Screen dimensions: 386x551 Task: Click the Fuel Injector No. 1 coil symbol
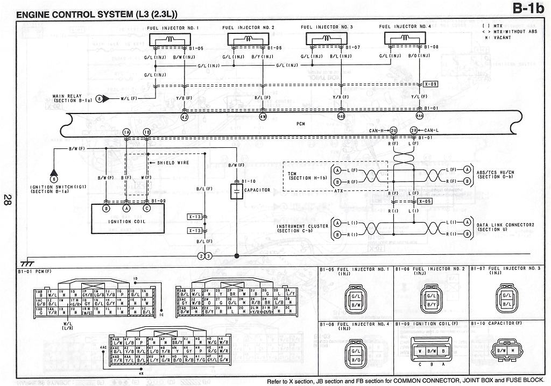pos(171,39)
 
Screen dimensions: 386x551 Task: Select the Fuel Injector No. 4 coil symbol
pos(404,39)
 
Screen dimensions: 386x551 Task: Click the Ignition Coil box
pos(128,221)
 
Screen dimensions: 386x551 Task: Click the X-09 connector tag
pos(431,84)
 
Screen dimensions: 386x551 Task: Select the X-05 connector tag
pos(424,201)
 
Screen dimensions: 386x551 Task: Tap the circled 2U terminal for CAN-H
pos(393,131)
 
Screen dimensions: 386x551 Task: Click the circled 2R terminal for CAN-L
pos(414,131)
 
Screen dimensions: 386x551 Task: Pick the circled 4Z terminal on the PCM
pos(185,116)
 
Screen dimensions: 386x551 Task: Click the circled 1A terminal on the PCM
pos(126,132)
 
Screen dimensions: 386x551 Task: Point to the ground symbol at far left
pos(24,263)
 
